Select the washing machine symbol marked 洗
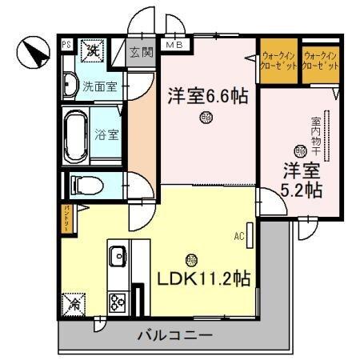[94, 50]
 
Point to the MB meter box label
[174, 45]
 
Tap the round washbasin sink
[70, 83]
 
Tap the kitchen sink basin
[118, 257]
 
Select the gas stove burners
[118, 302]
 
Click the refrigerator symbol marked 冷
[74, 305]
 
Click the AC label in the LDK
[238, 236]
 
